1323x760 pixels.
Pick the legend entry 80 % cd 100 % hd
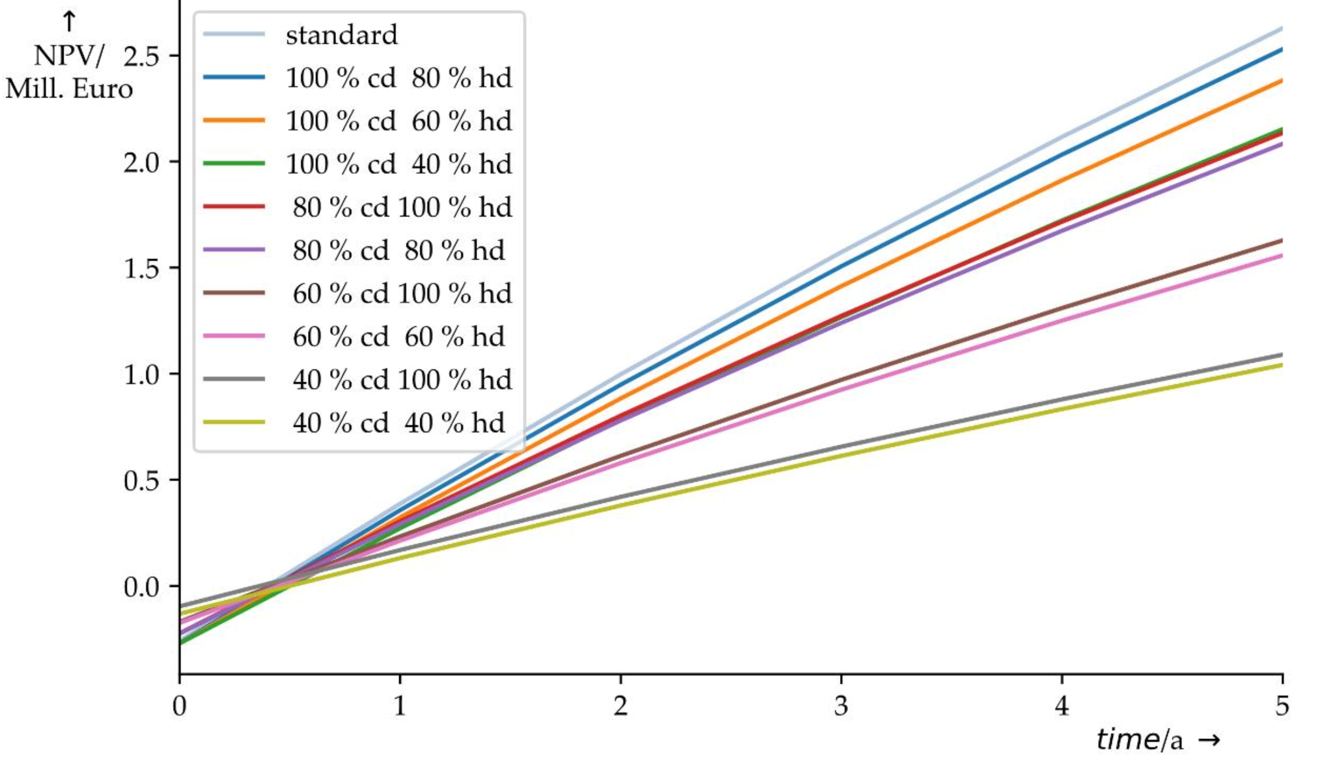coord(402,207)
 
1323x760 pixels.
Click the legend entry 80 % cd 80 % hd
coord(399,251)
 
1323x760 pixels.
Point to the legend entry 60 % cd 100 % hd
coord(402,293)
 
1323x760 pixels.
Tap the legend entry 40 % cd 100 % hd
coord(402,380)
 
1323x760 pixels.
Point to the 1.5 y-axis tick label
coord(141,269)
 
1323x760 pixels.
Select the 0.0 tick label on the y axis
coord(141,587)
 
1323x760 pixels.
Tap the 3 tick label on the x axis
coord(840,706)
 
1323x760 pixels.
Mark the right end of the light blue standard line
coord(1281,28)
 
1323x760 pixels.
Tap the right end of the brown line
coord(1281,241)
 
